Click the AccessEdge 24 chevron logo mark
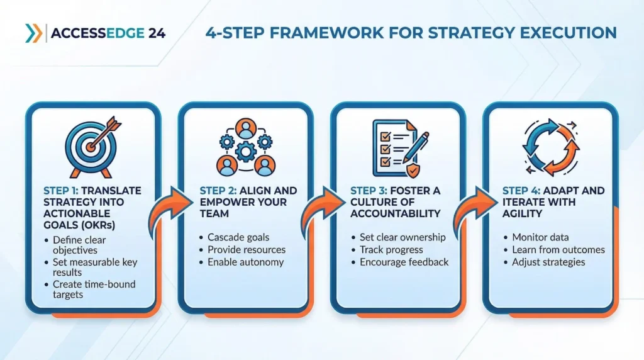click(34, 33)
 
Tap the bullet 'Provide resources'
click(247, 249)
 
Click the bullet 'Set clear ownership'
click(402, 237)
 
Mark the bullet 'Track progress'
click(391, 249)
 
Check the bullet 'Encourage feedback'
click(404, 262)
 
